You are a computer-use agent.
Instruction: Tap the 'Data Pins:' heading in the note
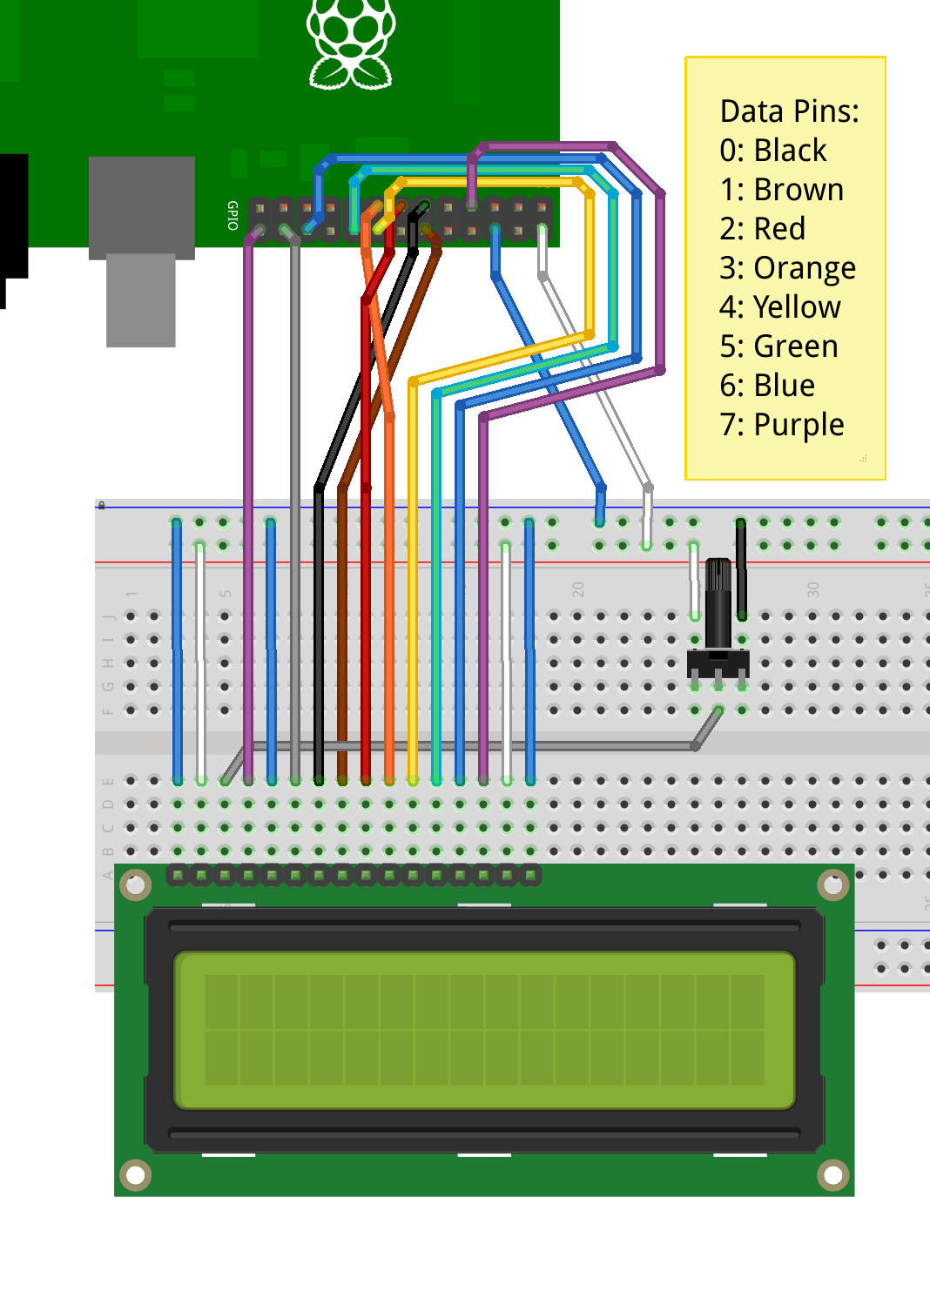click(x=789, y=111)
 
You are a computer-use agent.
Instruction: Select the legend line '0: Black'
click(x=772, y=151)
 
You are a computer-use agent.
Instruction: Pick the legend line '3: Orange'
click(x=787, y=268)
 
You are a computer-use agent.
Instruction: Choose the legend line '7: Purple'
click(x=781, y=425)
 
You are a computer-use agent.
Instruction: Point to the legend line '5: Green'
click(x=778, y=346)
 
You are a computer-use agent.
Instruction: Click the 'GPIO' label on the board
click(x=232, y=215)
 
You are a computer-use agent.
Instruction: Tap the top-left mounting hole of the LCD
click(x=136, y=885)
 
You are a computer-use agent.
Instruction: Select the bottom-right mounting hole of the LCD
click(x=832, y=1175)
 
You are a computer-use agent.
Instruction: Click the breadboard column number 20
click(x=578, y=589)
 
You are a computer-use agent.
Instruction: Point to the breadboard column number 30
click(x=813, y=589)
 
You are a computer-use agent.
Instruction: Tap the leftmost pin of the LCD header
click(x=179, y=875)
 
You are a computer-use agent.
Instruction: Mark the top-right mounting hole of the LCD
click(x=832, y=885)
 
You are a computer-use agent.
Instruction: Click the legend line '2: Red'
click(x=762, y=229)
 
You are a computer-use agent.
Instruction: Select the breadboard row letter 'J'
click(x=109, y=616)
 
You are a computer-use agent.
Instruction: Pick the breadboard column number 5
click(x=226, y=594)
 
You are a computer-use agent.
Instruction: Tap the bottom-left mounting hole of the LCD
click(x=136, y=1175)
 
